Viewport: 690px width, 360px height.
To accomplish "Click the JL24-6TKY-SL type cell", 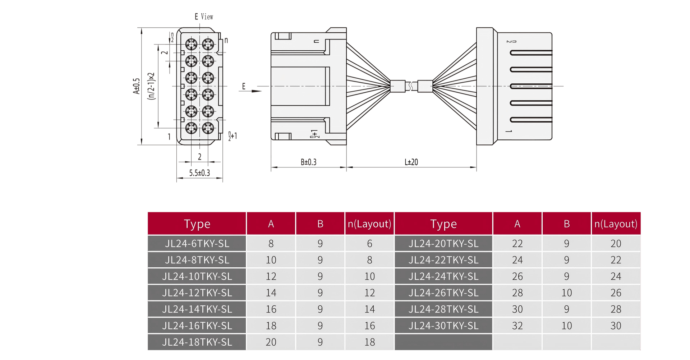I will [197, 244].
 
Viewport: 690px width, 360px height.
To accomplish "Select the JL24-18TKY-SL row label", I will [197, 342].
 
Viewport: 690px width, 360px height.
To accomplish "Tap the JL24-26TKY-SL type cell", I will [443, 293].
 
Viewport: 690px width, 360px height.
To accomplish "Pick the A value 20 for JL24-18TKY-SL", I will [271, 342].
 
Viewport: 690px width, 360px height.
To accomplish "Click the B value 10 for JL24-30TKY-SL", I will [566, 326].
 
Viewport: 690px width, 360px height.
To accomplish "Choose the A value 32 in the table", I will [517, 326].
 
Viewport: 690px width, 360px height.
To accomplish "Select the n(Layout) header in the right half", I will [616, 224].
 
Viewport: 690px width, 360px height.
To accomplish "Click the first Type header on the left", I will [197, 224].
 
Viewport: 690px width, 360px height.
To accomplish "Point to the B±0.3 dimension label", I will [308, 162].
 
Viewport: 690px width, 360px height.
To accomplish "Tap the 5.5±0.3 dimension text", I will [199, 173].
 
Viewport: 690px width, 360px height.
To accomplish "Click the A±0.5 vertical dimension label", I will [136, 86].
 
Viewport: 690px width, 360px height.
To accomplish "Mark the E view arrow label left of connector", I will [244, 87].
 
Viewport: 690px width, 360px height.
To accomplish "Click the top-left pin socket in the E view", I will [191, 45].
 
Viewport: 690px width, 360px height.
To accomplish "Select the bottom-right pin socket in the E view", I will [208, 128].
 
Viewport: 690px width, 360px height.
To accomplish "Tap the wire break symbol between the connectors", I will [411, 86].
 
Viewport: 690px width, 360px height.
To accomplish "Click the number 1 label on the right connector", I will [508, 131].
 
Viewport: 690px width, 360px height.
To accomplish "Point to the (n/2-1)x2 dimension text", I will [151, 86].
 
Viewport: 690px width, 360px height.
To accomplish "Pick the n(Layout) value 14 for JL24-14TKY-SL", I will [369, 309].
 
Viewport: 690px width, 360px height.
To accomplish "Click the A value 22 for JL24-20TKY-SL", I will [517, 244].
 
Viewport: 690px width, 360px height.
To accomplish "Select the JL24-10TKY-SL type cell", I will [197, 276].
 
